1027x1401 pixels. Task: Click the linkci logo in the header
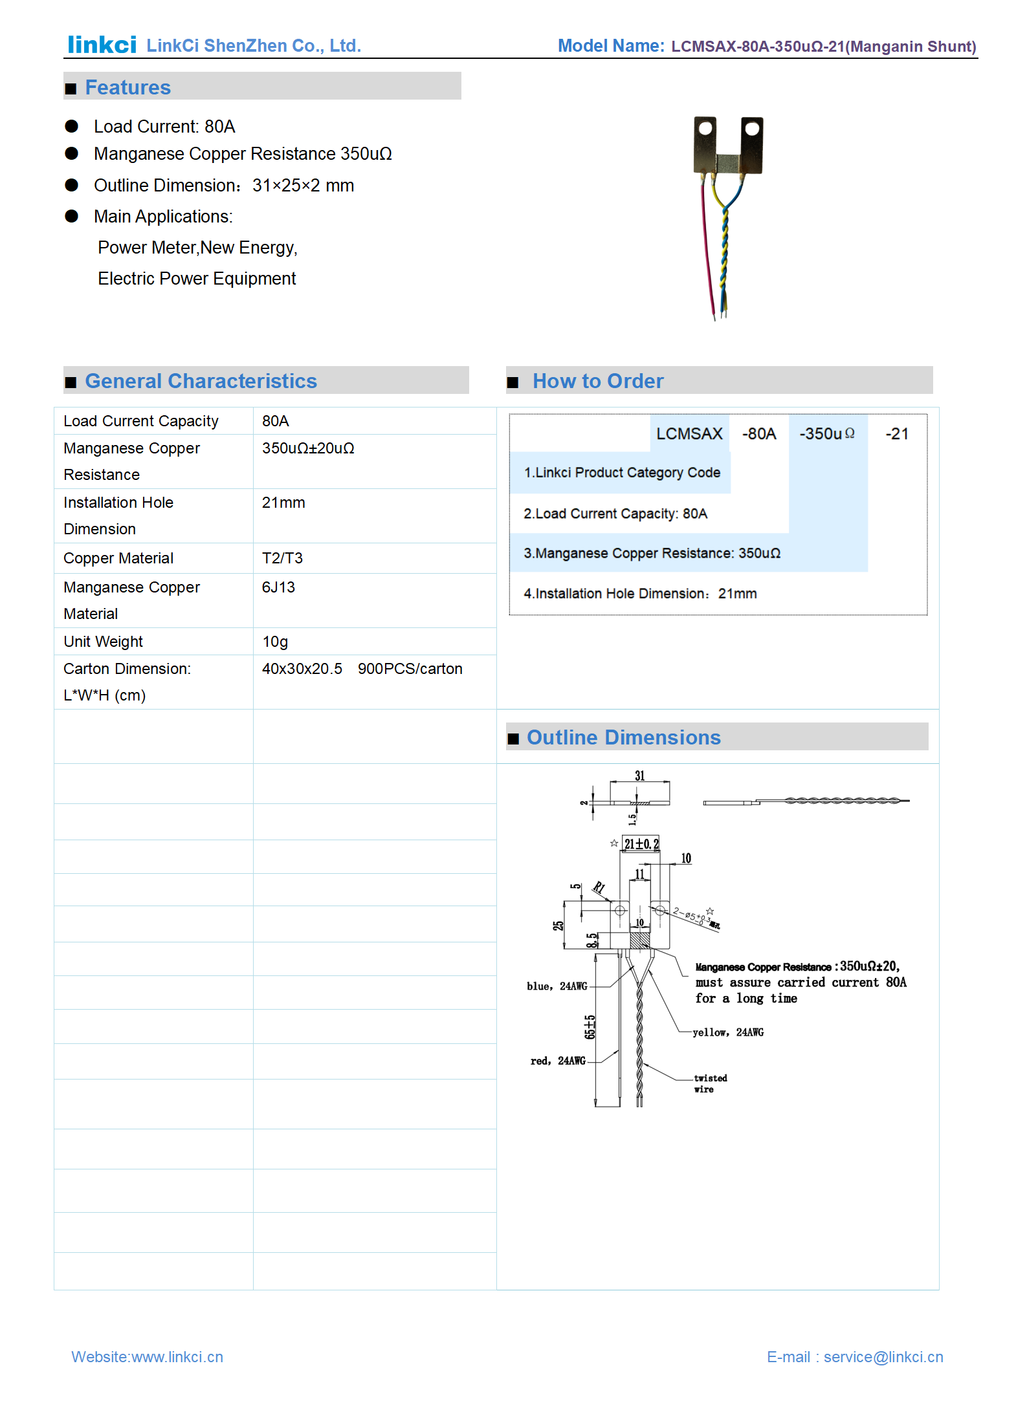coord(102,45)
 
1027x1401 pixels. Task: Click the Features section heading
coord(127,87)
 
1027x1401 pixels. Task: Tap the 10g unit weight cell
coord(275,642)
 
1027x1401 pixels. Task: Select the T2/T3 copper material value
coord(282,558)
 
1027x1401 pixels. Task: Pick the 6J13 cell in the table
coord(278,587)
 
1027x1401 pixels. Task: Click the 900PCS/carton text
coord(410,669)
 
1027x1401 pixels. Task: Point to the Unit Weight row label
coord(103,642)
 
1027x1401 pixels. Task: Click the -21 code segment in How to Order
coord(897,433)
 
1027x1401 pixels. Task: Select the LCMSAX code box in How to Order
coord(689,433)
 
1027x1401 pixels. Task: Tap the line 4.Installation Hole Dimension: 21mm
coord(640,594)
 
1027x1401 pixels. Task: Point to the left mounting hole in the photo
coord(705,129)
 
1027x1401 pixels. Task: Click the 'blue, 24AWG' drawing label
coord(557,986)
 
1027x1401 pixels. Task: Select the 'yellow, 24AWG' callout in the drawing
coord(728,1032)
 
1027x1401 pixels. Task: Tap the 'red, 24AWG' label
coord(558,1061)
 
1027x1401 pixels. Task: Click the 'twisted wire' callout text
coord(710,1083)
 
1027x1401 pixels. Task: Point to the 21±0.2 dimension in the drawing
coord(641,843)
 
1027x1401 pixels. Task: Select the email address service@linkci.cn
coord(883,1357)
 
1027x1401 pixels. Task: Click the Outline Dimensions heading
coord(623,737)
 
